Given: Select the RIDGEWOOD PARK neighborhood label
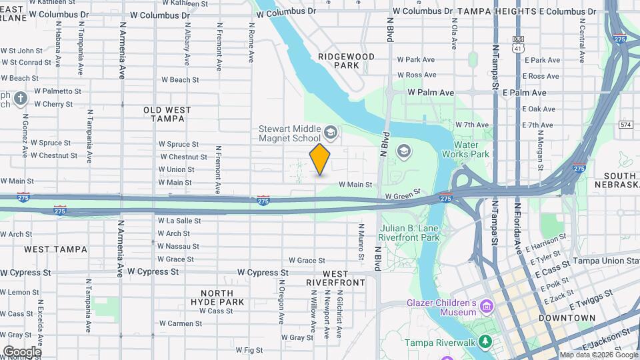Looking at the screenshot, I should tap(346, 61).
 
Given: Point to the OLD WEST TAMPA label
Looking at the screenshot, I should tap(167, 114).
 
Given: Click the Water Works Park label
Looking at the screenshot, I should tap(471, 149).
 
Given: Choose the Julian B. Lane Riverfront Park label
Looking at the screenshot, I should tap(409, 232).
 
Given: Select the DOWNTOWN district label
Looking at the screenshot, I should tap(567, 318).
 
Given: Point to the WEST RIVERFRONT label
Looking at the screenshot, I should tap(336, 278).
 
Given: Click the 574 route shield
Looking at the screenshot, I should tap(625, 125).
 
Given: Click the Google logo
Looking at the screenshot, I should tap(22, 351).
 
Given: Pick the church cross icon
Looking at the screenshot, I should tap(21, 99).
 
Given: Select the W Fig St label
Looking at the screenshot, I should tap(249, 349).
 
